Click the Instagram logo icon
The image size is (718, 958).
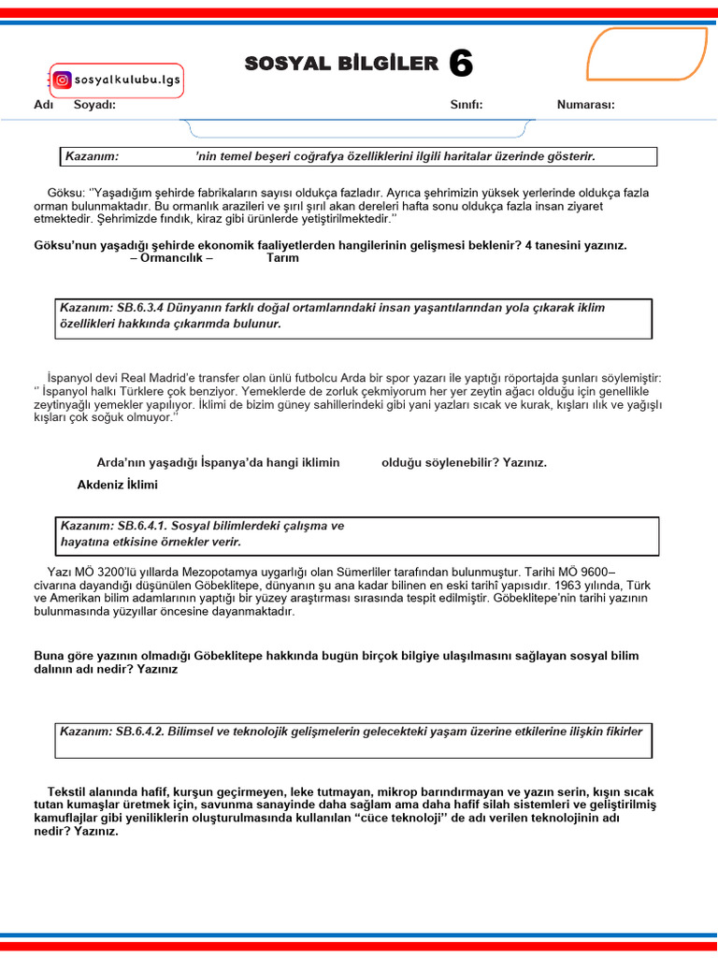[x=63, y=80]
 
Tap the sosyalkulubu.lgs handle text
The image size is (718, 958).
[x=125, y=80]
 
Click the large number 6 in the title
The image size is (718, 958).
[x=461, y=64]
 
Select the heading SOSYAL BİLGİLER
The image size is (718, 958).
[x=341, y=64]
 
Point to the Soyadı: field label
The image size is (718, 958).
[x=94, y=105]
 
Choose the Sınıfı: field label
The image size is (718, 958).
[x=467, y=105]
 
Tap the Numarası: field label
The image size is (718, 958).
[x=586, y=105]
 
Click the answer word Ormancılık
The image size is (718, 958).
[x=172, y=258]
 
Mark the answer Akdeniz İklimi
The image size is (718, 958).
[x=118, y=485]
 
